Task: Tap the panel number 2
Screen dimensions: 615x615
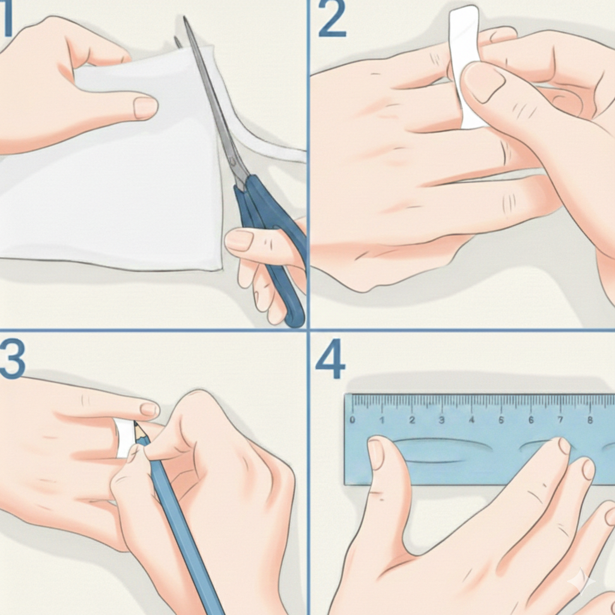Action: [x=332, y=19]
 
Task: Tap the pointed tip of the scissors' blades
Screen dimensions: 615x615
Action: [x=184, y=17]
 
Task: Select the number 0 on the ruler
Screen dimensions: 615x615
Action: [x=352, y=420]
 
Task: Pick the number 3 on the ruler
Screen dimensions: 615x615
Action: [x=441, y=420]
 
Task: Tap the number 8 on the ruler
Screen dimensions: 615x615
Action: [x=590, y=420]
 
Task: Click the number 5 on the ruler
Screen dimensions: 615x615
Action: [x=501, y=420]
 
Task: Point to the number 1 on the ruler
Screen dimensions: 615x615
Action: [x=382, y=420]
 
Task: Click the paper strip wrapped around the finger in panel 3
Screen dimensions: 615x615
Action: [x=125, y=438]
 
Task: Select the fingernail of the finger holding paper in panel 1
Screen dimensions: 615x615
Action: [x=145, y=108]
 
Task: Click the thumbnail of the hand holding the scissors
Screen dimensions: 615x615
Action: [x=239, y=240]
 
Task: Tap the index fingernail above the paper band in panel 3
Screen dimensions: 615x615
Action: [x=150, y=410]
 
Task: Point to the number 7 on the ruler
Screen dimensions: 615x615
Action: [x=560, y=420]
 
